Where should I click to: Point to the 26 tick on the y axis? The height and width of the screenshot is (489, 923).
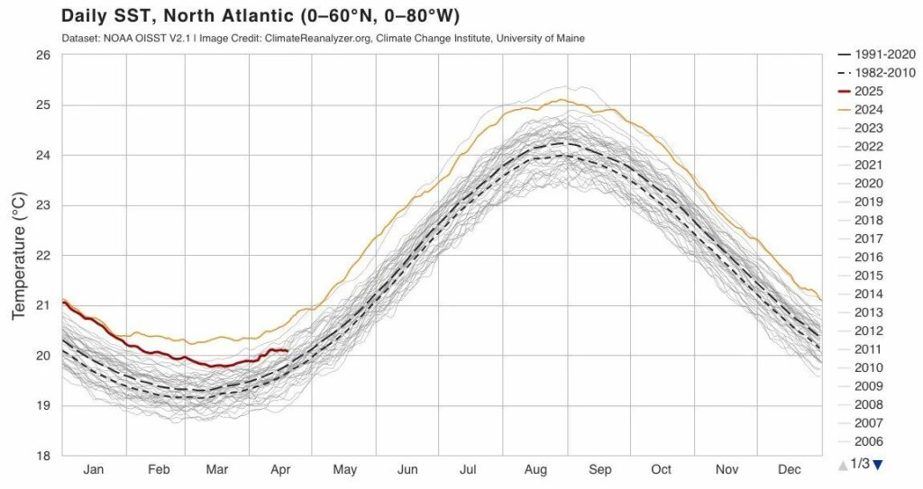[41, 55]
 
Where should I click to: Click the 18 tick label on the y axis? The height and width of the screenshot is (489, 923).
[41, 456]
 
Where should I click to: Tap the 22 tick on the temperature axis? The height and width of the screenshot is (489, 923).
[41, 255]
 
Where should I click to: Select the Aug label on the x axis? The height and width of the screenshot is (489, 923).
[536, 470]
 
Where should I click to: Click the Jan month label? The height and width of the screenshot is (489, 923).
[94, 470]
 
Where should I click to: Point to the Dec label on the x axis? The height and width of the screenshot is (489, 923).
[790, 470]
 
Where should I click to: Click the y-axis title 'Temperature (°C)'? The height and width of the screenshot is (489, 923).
[19, 255]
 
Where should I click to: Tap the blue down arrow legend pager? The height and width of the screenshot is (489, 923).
[877, 464]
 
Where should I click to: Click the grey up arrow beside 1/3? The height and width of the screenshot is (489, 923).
[843, 464]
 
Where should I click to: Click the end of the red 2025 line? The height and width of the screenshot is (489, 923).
[287, 350]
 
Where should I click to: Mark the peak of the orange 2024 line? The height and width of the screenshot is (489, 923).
[561, 100]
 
